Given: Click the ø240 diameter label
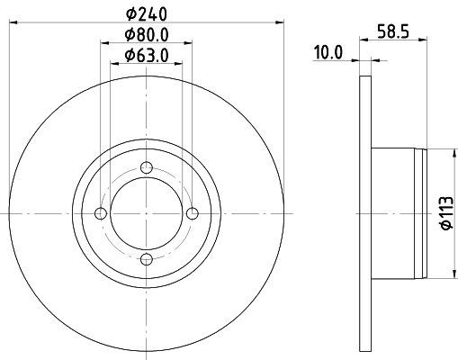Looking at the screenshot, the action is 147,13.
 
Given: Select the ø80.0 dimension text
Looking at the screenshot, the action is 147,35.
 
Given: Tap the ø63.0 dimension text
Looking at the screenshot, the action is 147,56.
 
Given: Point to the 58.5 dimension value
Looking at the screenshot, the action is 393,31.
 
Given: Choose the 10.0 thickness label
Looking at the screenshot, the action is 328,53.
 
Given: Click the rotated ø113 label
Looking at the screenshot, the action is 447,213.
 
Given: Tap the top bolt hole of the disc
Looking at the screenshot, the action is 147,167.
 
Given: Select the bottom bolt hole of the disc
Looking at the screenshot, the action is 147,259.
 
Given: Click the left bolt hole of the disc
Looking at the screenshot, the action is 101,213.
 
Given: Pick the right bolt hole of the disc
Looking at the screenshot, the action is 193,213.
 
